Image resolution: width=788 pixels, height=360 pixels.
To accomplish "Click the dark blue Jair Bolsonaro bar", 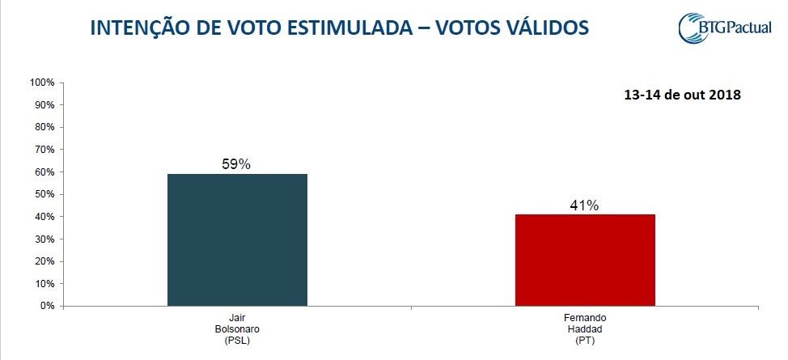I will (237, 240).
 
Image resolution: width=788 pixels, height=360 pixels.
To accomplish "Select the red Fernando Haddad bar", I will (586, 260).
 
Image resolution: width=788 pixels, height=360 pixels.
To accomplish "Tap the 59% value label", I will (236, 164).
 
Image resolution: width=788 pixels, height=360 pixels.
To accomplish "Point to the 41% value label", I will (584, 205).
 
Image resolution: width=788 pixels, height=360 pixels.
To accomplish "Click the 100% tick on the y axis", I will (41, 83).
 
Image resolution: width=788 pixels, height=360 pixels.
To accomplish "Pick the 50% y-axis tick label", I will (43, 195).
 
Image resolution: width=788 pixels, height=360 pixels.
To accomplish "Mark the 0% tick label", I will (46, 307).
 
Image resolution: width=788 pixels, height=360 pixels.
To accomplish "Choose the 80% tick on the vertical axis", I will (43, 128).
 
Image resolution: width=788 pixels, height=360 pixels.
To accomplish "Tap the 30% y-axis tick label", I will (43, 239).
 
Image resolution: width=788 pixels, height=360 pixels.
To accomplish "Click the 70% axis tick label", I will (43, 150).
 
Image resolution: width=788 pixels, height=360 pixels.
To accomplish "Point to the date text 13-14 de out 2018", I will (682, 95).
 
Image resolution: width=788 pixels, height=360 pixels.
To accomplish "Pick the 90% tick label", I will (43, 105).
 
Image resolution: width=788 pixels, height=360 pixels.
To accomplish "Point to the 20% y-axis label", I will (43, 262).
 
